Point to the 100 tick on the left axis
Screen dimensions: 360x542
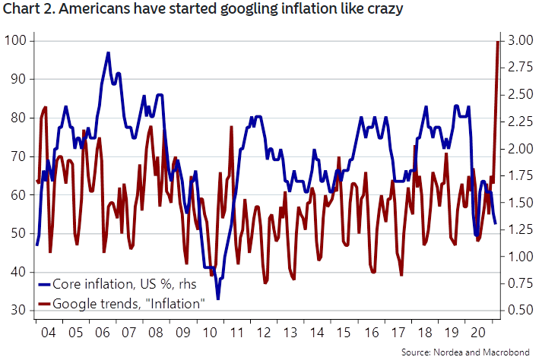(x=17, y=40)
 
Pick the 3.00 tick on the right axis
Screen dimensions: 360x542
(x=518, y=40)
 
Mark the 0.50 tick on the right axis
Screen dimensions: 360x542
(x=518, y=311)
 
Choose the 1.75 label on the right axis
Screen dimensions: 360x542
(x=518, y=175)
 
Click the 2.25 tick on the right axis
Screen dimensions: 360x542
(x=518, y=122)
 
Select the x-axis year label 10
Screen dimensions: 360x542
(x=208, y=333)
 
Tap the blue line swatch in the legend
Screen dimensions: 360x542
(x=44, y=285)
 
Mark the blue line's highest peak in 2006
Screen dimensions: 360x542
(x=109, y=53)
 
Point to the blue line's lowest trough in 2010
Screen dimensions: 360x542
(x=218, y=298)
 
